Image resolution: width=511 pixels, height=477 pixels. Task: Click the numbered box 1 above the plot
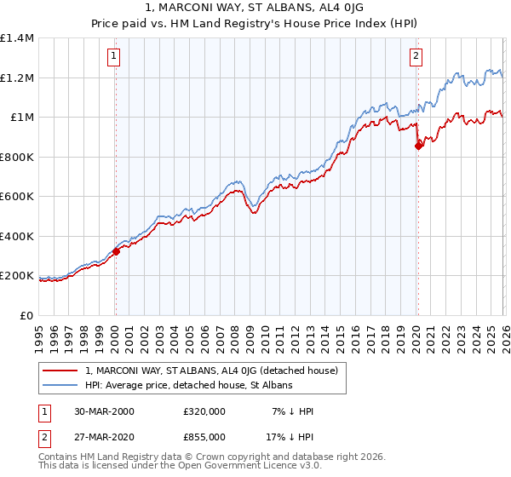pos(114,57)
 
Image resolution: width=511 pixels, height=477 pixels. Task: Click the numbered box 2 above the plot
pos(416,57)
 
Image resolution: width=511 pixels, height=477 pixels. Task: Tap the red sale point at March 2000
pos(116,251)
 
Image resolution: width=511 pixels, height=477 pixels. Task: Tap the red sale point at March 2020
pos(418,146)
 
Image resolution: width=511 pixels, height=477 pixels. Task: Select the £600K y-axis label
pos(17,197)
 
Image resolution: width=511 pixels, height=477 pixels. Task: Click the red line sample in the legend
pos(61,371)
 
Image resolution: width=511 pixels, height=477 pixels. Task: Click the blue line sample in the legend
pos(61,385)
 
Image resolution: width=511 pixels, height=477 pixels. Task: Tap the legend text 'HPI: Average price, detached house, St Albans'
pos(188,385)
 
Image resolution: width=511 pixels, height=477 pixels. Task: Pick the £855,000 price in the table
pos(204,436)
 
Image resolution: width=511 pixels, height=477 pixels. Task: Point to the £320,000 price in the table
pos(204,411)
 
